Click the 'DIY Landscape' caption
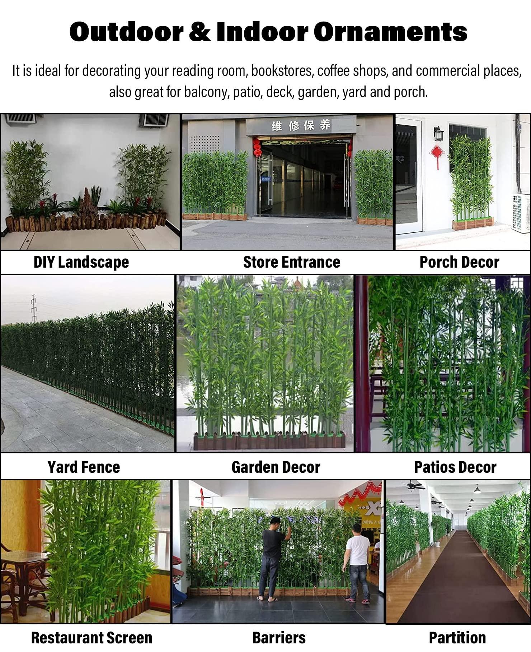(x=81, y=262)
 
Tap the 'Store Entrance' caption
(x=291, y=262)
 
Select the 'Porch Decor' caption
(x=459, y=262)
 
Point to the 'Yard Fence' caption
(x=84, y=467)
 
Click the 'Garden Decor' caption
(x=276, y=467)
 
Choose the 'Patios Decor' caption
(x=455, y=467)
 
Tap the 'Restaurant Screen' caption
(x=91, y=638)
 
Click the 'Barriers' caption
(x=279, y=638)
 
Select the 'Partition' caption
(x=457, y=638)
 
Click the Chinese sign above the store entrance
(x=301, y=125)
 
